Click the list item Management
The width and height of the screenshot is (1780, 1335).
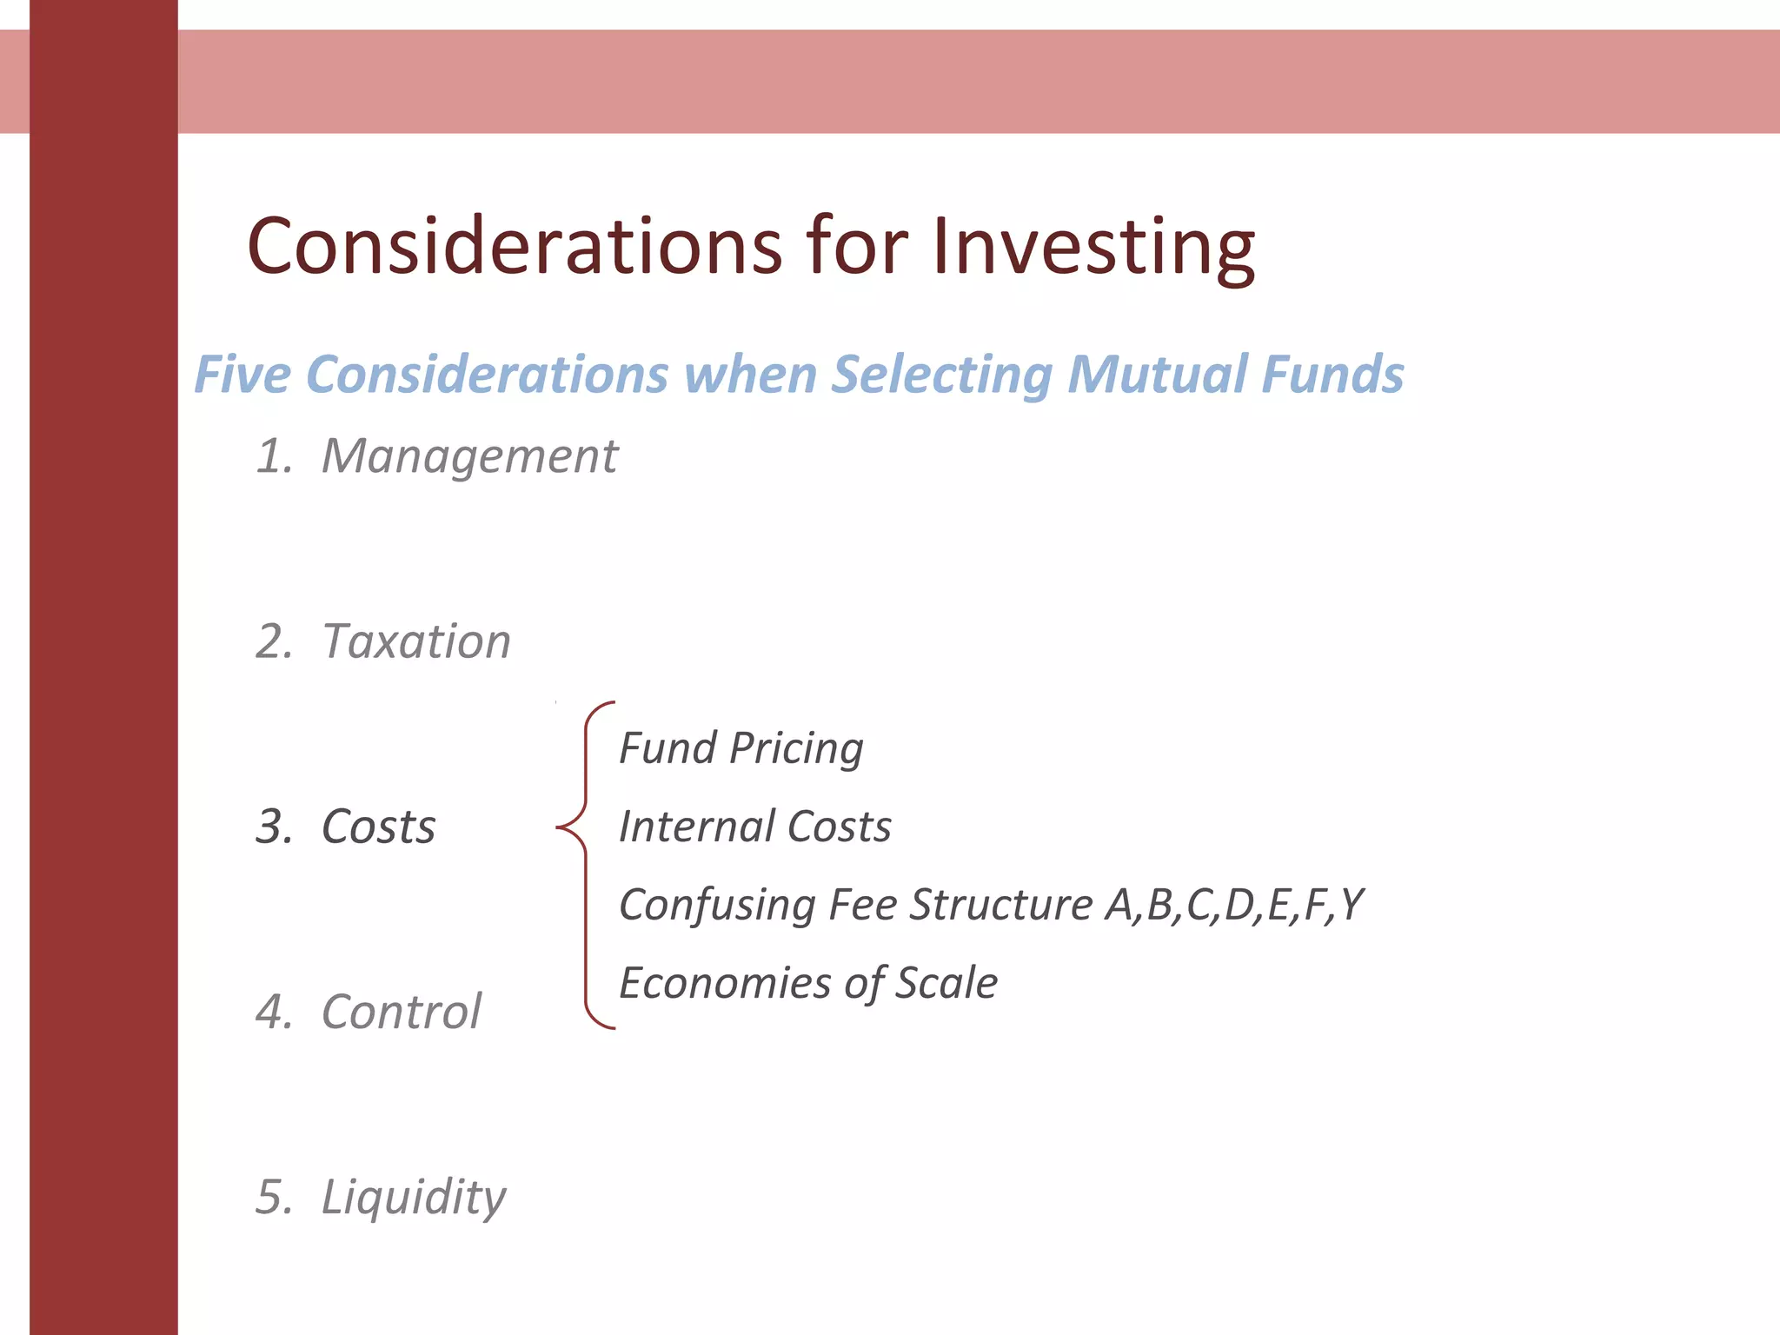(x=469, y=455)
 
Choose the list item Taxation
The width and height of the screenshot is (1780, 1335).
(x=415, y=641)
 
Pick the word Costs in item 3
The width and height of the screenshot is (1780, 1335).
(x=378, y=827)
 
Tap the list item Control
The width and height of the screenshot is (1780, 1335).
(x=401, y=1012)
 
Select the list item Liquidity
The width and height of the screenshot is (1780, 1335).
(x=413, y=1197)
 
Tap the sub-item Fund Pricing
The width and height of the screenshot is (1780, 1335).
(x=741, y=748)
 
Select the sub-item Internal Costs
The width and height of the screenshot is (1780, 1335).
(x=754, y=827)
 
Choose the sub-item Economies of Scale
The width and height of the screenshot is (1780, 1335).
(x=807, y=983)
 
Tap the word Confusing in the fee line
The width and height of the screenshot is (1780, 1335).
(x=717, y=905)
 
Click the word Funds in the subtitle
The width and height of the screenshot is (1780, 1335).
(x=1332, y=375)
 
